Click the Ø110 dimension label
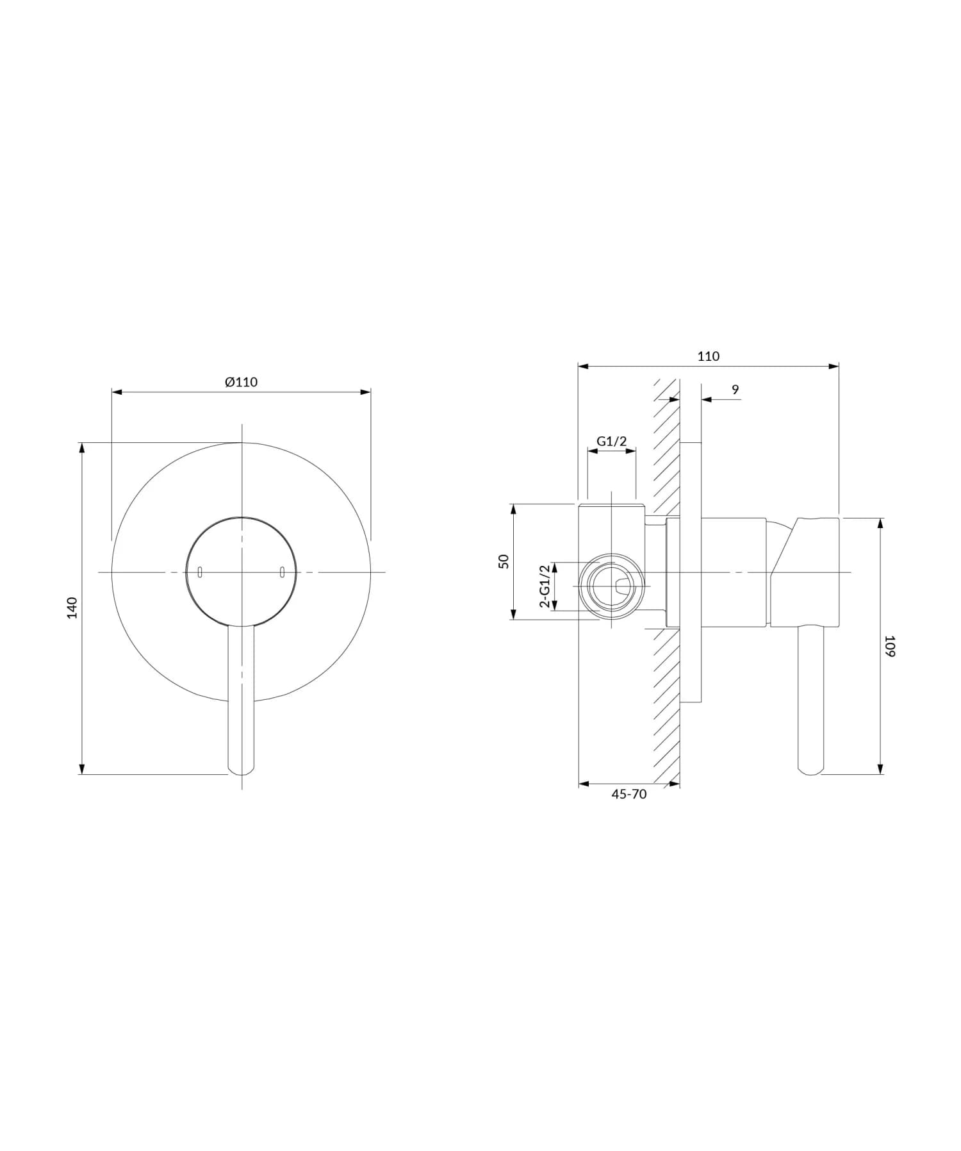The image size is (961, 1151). (241, 383)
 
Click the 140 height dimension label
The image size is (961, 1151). (72, 607)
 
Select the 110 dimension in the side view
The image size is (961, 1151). (708, 356)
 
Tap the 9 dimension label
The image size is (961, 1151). (735, 390)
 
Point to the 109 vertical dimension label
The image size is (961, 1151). (889, 645)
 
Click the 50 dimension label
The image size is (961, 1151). (504, 561)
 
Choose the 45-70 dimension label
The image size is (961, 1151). (629, 795)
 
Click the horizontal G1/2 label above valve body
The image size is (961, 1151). (611, 441)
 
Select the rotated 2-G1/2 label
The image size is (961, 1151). (545, 586)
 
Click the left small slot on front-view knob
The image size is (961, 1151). (201, 572)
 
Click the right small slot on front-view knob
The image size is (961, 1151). (282, 572)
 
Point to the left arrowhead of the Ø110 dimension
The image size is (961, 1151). (116, 392)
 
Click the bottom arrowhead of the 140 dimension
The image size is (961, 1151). (82, 770)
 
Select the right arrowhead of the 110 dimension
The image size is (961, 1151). (834, 367)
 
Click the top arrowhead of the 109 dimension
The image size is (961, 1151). (880, 523)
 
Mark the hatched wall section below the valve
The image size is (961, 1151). (666, 705)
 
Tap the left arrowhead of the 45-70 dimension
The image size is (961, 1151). (583, 783)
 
